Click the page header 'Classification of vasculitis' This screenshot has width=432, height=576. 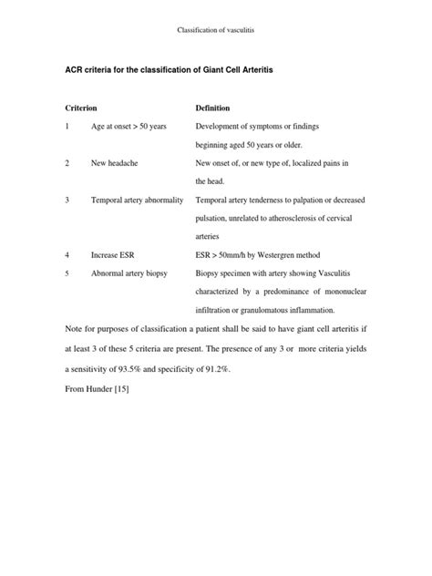coord(216,31)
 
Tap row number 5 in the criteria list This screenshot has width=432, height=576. coord(67,273)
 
